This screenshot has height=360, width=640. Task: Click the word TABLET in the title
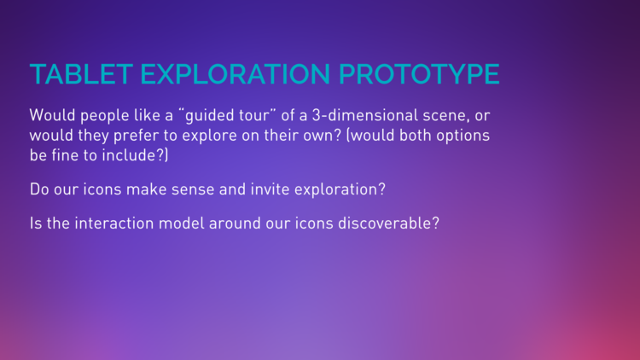[81, 74]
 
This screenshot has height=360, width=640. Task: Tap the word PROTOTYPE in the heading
[419, 74]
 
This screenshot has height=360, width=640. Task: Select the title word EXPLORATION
[236, 74]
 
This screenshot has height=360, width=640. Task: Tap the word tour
[254, 115]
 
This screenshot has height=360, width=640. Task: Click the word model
[181, 224]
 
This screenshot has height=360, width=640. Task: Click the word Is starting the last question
[36, 224]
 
